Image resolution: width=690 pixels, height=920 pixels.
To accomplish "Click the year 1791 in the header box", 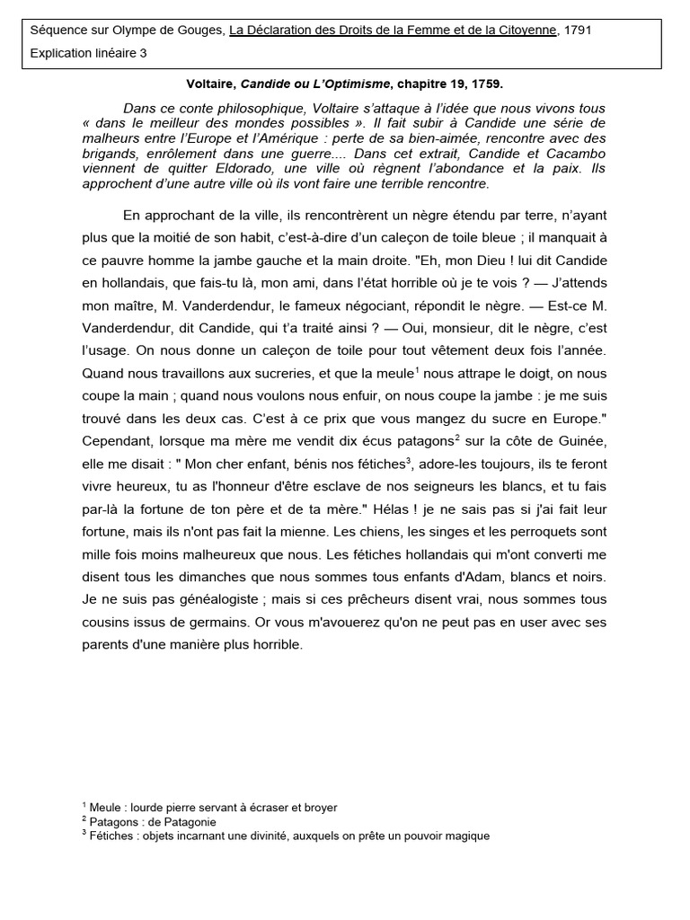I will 577,30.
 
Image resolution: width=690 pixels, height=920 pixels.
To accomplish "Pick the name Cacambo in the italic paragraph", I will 571,154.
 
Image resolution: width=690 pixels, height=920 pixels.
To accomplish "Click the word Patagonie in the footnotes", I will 189,821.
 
